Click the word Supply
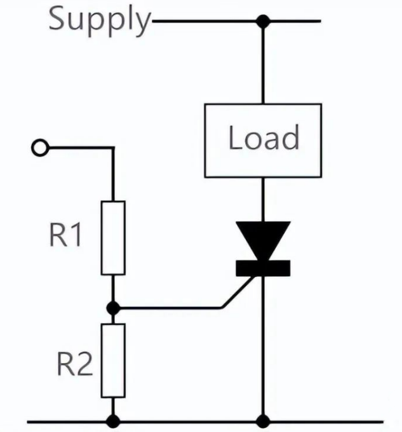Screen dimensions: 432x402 click(99, 20)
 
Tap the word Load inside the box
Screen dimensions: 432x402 click(263, 138)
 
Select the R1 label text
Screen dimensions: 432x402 click(65, 237)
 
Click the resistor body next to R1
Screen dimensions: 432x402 click(114, 238)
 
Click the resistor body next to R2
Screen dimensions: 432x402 click(114, 361)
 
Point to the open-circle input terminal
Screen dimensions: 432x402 click(40, 148)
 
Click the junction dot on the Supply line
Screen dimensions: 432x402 click(263, 21)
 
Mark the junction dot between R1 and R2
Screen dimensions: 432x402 click(114, 308)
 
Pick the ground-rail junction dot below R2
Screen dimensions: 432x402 click(114, 420)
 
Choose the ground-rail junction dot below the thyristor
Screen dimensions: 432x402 click(263, 420)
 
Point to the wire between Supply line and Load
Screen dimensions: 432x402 click(263, 63)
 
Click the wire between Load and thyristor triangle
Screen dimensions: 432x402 click(263, 199)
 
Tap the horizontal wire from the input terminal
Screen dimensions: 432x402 click(78, 148)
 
